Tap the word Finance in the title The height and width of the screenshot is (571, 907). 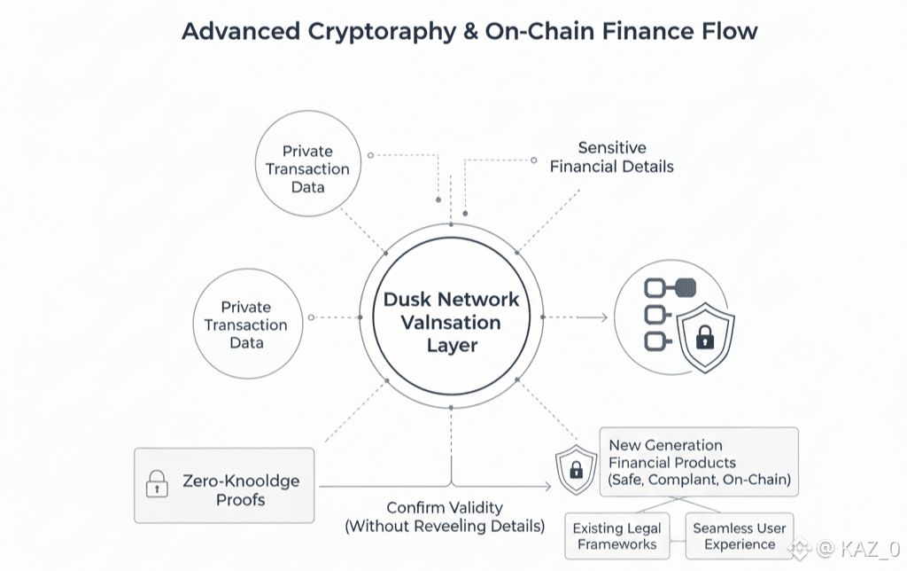pos(636,31)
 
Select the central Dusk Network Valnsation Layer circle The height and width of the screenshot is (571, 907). pos(451,320)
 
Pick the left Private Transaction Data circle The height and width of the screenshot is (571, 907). pos(246,325)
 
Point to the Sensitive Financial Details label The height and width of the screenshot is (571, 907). pos(611,157)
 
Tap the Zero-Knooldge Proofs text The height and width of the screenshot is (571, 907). pos(241,490)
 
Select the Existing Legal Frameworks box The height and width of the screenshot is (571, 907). pos(615,536)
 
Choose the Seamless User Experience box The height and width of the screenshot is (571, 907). pos(739,536)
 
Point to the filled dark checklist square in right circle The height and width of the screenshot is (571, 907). pos(684,286)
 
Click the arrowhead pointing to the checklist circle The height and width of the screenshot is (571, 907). pos(604,317)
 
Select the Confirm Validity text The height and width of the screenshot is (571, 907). pos(445,508)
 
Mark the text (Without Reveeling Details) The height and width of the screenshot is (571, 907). pos(445,527)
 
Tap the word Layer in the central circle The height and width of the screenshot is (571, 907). pos(452,345)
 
